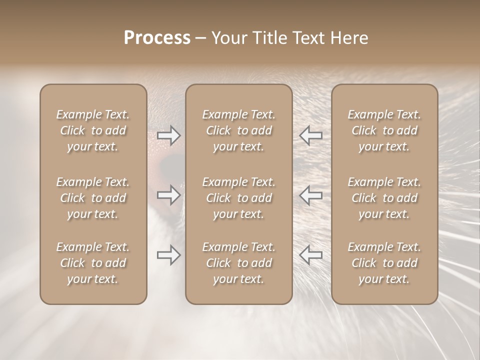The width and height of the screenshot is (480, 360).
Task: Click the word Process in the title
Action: (x=157, y=38)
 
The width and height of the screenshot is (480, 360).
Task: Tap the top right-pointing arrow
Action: (x=169, y=135)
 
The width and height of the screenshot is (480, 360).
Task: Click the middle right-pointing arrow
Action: (x=169, y=194)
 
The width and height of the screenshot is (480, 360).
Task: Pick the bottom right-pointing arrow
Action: (x=169, y=255)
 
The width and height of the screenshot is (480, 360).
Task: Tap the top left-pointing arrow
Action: (x=310, y=135)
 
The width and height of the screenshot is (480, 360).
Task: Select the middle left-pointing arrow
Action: (x=310, y=194)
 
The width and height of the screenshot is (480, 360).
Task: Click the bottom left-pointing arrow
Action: (x=310, y=255)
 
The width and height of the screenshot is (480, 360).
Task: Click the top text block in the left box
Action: (x=93, y=130)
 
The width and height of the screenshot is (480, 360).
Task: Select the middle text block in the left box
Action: (x=93, y=198)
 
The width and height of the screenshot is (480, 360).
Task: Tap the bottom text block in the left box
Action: (x=93, y=263)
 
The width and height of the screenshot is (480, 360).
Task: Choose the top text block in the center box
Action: (x=238, y=130)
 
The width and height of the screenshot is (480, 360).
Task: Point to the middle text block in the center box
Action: (x=238, y=198)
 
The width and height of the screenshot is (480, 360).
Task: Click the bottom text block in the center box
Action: (x=238, y=263)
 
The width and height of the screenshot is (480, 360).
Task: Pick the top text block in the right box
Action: (x=384, y=130)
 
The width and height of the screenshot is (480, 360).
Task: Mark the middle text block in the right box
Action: (x=384, y=198)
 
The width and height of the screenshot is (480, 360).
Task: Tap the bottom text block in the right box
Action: (x=384, y=263)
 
